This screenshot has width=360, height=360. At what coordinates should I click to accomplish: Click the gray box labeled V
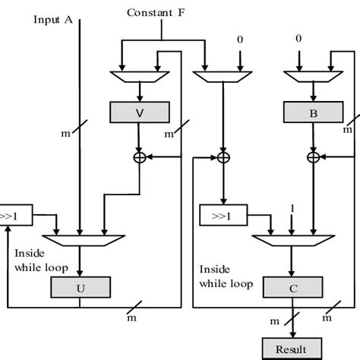click(139, 113)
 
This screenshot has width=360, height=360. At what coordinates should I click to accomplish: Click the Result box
click(292, 349)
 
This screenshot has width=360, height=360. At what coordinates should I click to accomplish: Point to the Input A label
click(53, 19)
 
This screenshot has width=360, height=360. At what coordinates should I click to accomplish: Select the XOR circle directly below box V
click(139, 157)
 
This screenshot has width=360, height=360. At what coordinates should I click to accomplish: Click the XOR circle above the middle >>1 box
click(223, 157)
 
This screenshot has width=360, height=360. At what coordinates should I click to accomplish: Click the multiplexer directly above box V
click(139, 75)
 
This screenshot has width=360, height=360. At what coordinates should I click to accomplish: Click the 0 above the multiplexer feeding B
click(298, 38)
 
